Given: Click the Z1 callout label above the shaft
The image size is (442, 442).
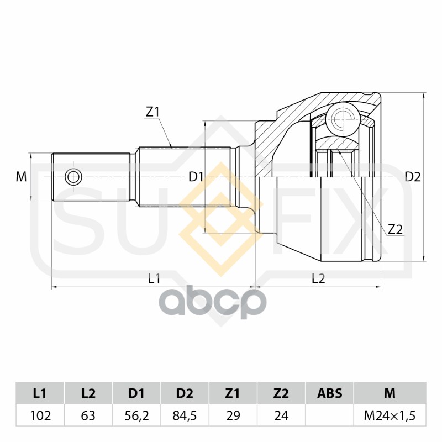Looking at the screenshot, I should pos(152,112).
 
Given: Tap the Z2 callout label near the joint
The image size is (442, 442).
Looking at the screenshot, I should pos(394,229).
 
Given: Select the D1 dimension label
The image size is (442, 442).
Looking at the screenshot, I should pos(196,177).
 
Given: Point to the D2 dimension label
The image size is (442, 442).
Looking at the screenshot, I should pos(413,177).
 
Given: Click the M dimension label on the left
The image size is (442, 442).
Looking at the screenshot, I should pos(21,177).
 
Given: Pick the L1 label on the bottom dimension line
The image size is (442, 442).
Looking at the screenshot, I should pos(154,279).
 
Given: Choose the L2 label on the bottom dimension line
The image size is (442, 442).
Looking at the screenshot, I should pos(318,279).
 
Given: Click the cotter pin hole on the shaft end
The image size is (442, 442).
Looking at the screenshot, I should pos(73,177).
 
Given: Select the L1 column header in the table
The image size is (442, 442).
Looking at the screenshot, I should pos(39,393).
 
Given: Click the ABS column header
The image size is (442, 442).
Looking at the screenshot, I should pos(330,393).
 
